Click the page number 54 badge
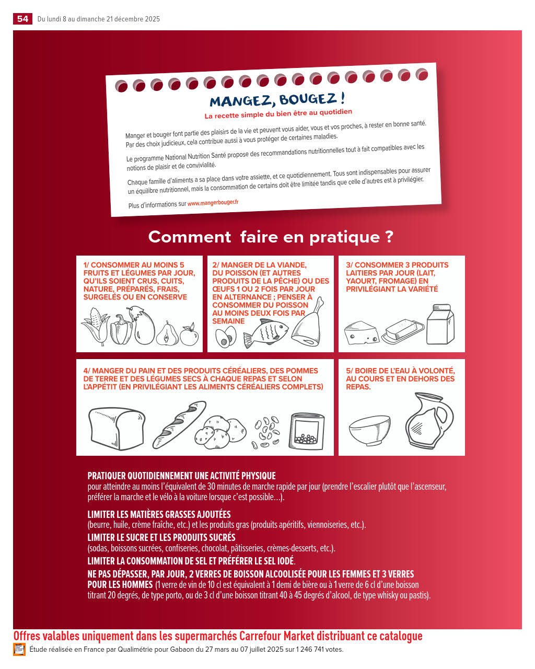(22, 19)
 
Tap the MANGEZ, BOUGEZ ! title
(277, 100)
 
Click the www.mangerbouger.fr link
(213, 203)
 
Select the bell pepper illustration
(121, 329)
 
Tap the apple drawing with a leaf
(189, 334)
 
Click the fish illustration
(265, 333)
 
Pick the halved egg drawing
(226, 337)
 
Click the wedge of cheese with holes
(362, 332)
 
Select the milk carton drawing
(440, 324)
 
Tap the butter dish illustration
(403, 331)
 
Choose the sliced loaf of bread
(117, 429)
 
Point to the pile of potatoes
(220, 432)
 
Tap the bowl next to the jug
(369, 430)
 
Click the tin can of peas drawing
(307, 431)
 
